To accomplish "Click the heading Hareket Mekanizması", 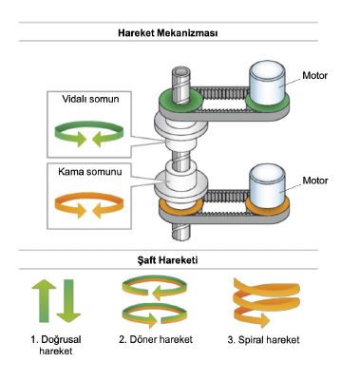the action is [168, 33].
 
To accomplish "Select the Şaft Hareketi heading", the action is [168, 260].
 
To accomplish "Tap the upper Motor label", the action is [314, 76].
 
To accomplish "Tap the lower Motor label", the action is [315, 180].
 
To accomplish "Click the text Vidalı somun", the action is [90, 99].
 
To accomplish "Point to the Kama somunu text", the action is [90, 172].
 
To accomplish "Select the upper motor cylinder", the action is [267, 83].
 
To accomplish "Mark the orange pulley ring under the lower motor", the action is [268, 206].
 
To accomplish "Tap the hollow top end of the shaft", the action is [181, 71].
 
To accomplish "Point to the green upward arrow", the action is [44, 301].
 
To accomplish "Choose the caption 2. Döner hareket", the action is [156, 340].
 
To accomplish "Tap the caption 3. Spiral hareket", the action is [263, 340].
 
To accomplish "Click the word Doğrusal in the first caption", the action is [62, 340].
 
